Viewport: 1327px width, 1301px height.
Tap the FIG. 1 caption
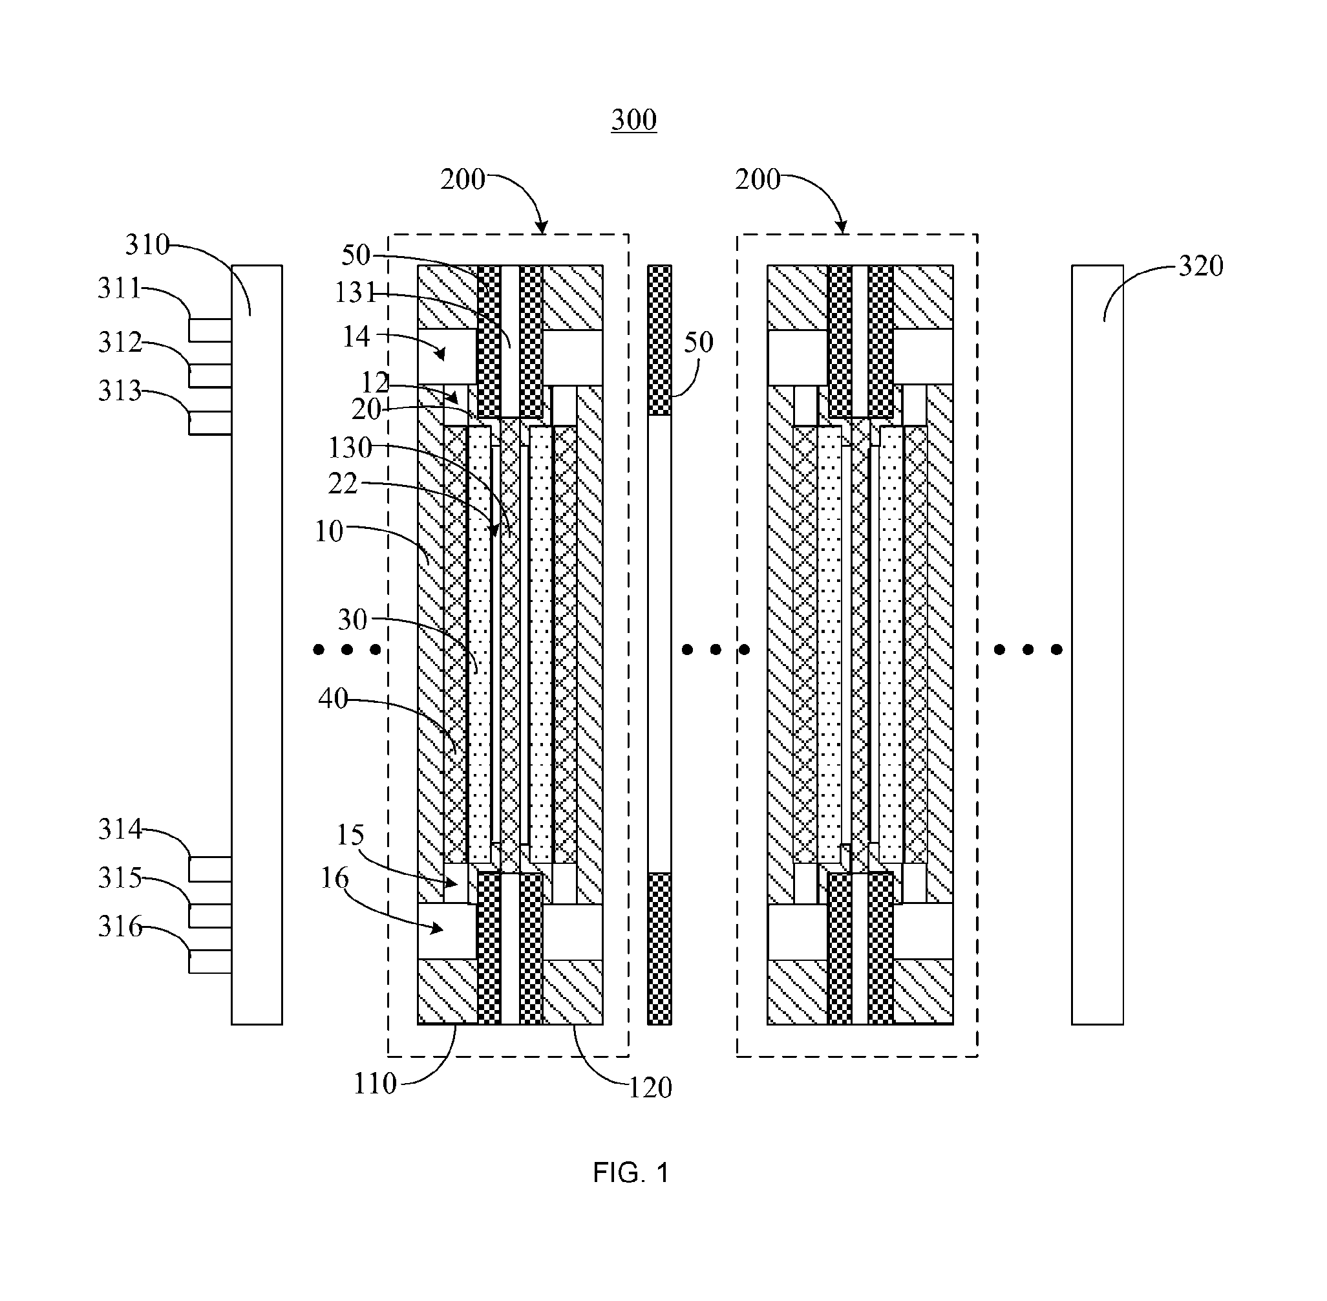(x=630, y=1172)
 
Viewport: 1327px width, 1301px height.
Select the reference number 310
(x=147, y=244)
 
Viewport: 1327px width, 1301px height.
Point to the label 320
(x=1201, y=266)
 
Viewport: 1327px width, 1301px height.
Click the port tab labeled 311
(x=210, y=330)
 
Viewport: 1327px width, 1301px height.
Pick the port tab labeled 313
(x=210, y=423)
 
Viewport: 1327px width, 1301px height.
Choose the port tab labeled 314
(x=210, y=869)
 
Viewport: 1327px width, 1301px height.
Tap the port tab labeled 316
(x=210, y=962)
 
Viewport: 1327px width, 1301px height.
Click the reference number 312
(x=120, y=342)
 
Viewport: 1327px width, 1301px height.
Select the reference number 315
(x=120, y=878)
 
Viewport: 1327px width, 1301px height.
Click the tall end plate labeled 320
(x=1097, y=644)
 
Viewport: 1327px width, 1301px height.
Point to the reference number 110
(x=375, y=1084)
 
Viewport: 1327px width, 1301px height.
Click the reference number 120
(x=650, y=1087)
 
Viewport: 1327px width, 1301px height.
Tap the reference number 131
(x=355, y=293)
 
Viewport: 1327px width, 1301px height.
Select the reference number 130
(x=350, y=448)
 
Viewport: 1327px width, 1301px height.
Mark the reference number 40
(x=333, y=699)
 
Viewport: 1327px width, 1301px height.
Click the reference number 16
(x=335, y=878)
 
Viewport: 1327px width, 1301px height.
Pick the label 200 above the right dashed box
(x=758, y=180)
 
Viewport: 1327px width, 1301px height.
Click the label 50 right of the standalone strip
(x=699, y=342)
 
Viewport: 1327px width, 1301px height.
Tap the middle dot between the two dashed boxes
(x=716, y=649)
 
